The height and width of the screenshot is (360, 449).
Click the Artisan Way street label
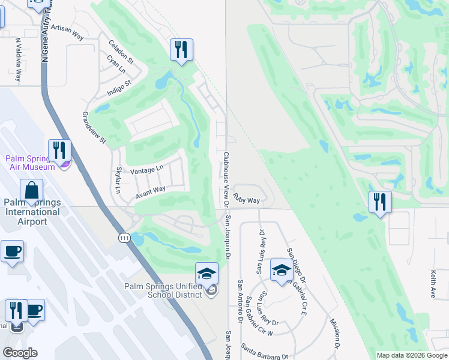pyautogui.click(x=67, y=32)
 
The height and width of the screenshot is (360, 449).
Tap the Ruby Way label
pyautogui.click(x=247, y=199)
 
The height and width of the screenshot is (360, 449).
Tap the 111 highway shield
pyautogui.click(x=124, y=238)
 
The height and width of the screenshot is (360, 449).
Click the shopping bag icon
pyautogui.click(x=31, y=190)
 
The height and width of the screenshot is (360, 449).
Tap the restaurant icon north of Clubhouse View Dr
pyautogui.click(x=181, y=49)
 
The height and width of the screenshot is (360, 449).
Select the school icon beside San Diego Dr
pyautogui.click(x=282, y=270)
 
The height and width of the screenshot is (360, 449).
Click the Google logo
pyautogui.click(x=20, y=353)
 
